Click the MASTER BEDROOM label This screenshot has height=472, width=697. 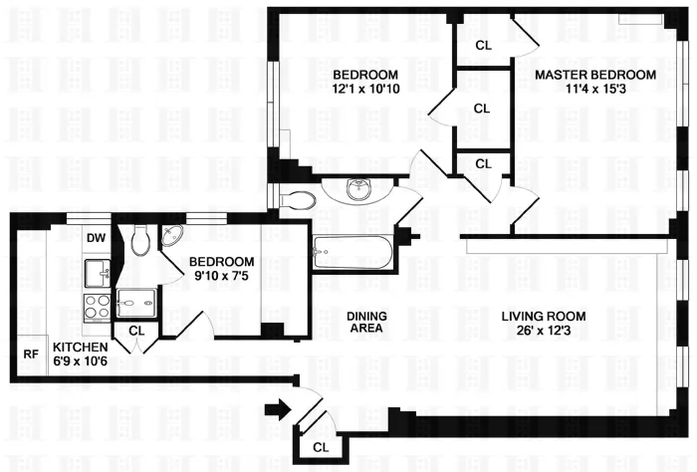point(594,75)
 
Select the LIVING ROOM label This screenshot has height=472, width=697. point(545,317)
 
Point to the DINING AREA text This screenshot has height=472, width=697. point(366,322)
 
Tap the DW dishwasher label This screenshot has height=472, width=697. point(97,238)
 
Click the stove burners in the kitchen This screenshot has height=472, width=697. point(97,306)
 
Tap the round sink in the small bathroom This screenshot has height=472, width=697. point(173,237)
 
